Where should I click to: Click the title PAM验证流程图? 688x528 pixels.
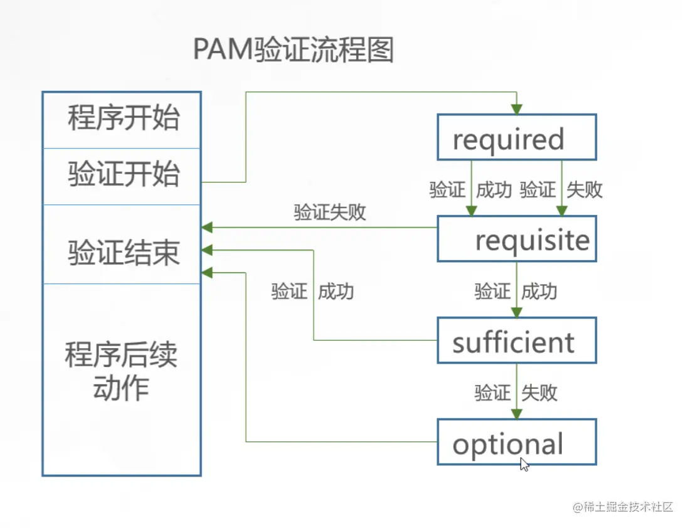coord(293,49)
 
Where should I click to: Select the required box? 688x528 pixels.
coord(516,137)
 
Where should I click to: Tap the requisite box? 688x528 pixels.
coord(516,239)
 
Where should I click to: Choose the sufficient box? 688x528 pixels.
coord(516,341)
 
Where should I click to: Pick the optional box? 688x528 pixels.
coord(516,443)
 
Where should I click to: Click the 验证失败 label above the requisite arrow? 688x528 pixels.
coord(330,213)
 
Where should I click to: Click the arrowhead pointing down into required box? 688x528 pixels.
coord(516,109)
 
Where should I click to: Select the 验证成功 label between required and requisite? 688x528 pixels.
coord(470,189)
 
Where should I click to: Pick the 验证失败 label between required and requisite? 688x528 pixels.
coord(561,189)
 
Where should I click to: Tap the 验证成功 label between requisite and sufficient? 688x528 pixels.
coord(516,291)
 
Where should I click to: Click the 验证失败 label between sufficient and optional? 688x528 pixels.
coord(516,393)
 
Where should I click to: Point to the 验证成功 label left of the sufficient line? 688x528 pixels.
coord(312,291)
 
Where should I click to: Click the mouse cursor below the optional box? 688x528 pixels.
coord(524,465)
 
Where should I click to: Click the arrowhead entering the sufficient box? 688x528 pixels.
coord(516,312)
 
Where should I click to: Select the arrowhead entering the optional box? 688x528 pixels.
coord(516,414)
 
